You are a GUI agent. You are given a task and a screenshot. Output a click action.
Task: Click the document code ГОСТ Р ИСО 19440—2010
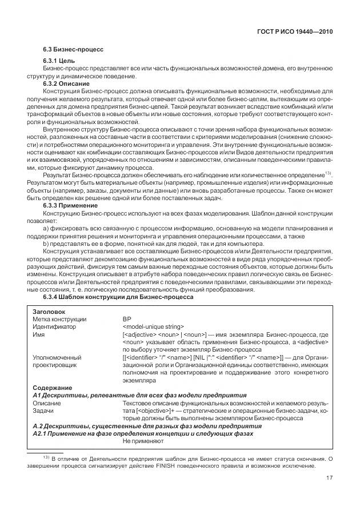293,32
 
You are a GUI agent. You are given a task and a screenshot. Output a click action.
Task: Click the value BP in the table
127,319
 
